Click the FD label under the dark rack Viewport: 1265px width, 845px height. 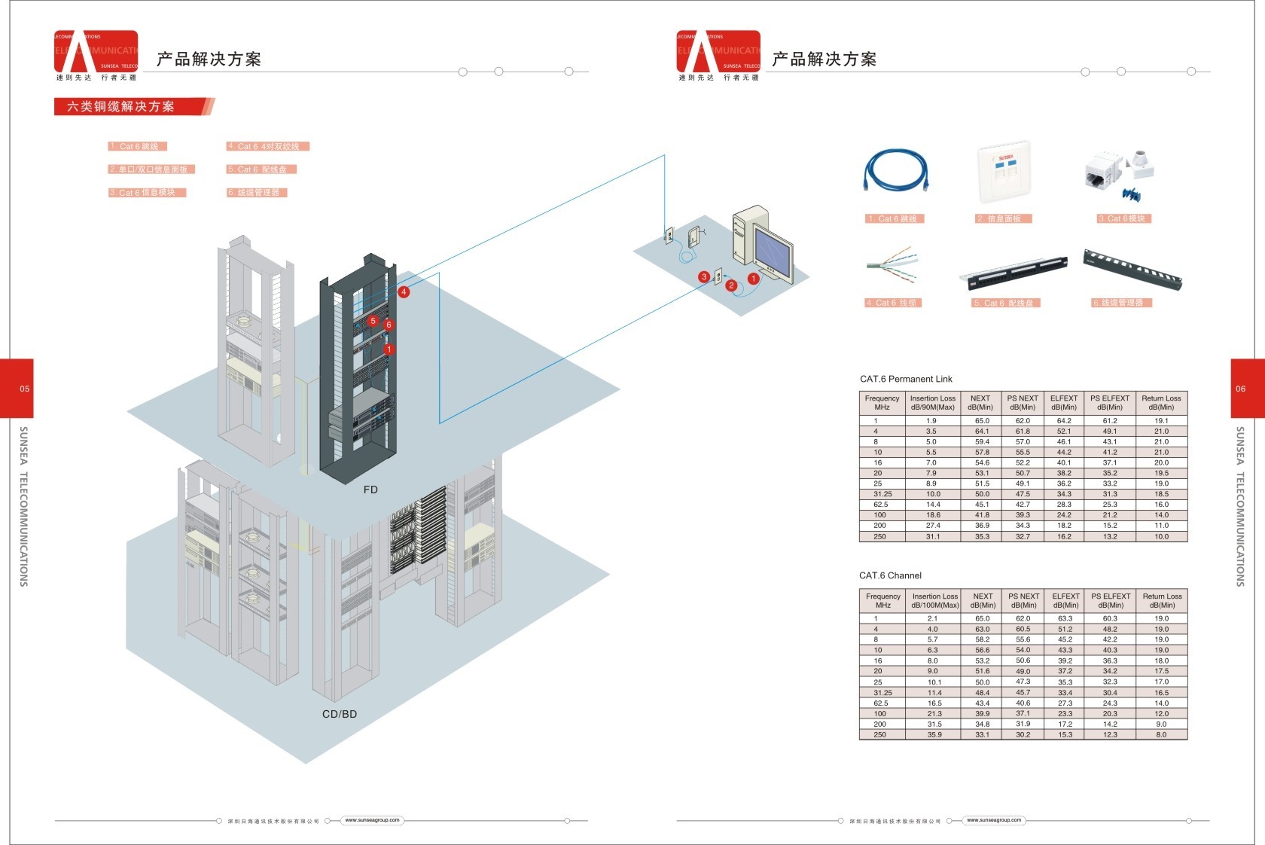(x=370, y=490)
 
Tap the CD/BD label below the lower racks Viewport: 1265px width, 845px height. (x=340, y=714)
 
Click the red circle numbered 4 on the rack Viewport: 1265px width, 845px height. (x=404, y=291)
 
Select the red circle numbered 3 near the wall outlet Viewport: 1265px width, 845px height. (x=704, y=276)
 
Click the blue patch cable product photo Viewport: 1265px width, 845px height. (x=895, y=172)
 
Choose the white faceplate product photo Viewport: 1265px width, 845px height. (x=1004, y=173)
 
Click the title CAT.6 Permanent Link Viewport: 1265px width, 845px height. (x=906, y=379)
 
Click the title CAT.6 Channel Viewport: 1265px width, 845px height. (x=890, y=575)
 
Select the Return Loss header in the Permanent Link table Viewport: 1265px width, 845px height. (x=1161, y=403)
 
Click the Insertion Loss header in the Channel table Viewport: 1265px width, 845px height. (x=934, y=600)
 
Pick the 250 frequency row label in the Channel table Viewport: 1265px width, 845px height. (x=879, y=734)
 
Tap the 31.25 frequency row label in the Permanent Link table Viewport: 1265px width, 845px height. (x=882, y=494)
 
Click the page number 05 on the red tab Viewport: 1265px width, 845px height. (x=25, y=389)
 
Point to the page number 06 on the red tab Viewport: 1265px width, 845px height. (x=1241, y=389)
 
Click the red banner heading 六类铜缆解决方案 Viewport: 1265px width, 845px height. (x=120, y=107)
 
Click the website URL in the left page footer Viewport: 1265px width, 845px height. (x=373, y=820)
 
